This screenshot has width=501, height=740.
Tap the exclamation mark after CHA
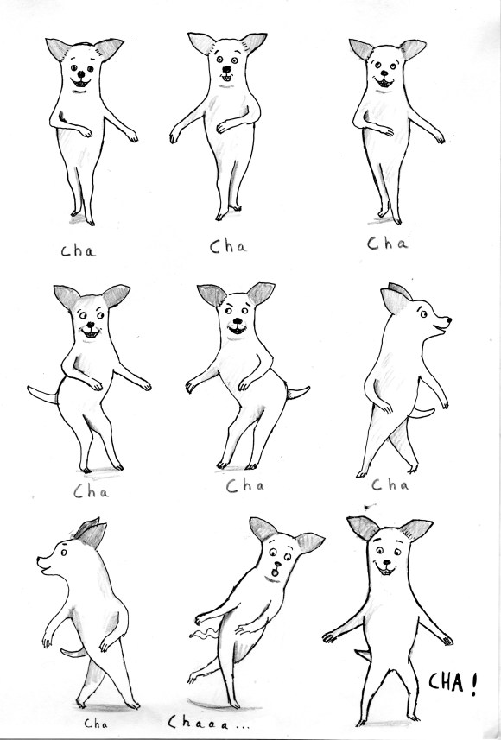point(473,683)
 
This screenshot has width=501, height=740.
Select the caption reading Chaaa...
point(209,723)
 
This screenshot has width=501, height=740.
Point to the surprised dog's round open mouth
point(275,572)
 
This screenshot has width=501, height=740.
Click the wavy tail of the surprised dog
point(200,635)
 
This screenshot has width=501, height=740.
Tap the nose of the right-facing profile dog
point(448,320)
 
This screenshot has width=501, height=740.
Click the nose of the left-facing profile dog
point(39,560)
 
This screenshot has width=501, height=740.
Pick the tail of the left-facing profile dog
point(73,653)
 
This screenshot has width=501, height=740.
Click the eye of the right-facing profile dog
point(423,313)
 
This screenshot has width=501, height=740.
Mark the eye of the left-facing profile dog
point(63,553)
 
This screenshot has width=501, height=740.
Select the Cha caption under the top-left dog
point(78,250)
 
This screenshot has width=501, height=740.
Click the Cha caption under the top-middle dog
point(228,246)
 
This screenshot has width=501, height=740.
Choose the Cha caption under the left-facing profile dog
point(95,723)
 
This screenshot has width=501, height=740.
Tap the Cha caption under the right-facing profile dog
point(390,484)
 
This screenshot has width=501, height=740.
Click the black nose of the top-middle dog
point(226,69)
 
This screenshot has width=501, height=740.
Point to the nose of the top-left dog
point(80,74)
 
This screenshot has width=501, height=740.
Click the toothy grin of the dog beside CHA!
point(386,570)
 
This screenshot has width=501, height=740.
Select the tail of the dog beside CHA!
point(363,655)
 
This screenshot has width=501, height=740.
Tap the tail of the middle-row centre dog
point(297,392)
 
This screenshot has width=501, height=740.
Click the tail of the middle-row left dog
point(42,395)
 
